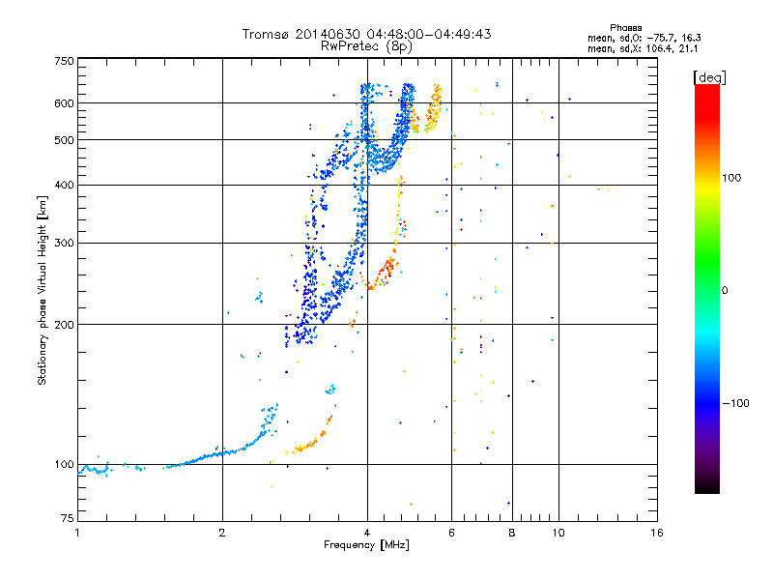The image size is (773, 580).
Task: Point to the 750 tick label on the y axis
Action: tap(64, 61)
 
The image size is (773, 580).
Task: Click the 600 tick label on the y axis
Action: tap(64, 103)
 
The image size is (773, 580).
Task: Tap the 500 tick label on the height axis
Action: tap(64, 140)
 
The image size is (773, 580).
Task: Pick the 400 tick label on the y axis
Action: tap(64, 185)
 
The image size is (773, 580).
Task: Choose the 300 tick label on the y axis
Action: tap(64, 243)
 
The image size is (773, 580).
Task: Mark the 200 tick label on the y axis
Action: tap(64, 325)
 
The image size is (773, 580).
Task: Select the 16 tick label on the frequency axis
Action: tap(656, 533)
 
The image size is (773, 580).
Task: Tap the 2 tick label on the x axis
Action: tap(222, 533)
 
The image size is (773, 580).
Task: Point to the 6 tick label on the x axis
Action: tap(451, 533)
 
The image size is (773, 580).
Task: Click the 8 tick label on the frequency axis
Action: tap(511, 533)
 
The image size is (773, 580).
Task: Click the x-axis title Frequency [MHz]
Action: tap(366, 546)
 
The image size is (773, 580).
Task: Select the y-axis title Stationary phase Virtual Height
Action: tap(43, 290)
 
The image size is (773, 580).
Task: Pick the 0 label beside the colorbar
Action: tap(726, 290)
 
